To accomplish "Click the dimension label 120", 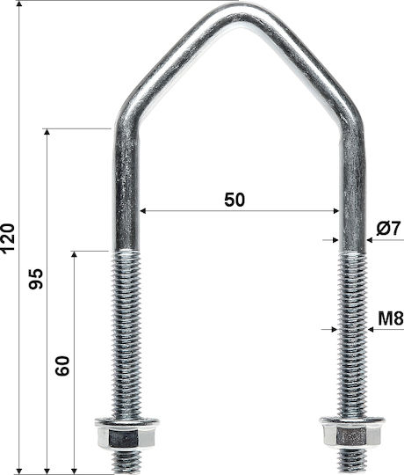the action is coord(8,237).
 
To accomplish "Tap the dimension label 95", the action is coord(36,279).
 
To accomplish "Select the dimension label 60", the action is coord(62,366).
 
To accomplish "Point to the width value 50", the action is coord(234,200).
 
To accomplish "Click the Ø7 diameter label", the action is coord(388,228).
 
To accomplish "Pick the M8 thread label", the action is coord(391,318).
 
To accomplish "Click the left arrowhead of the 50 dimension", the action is coord(143,211).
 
